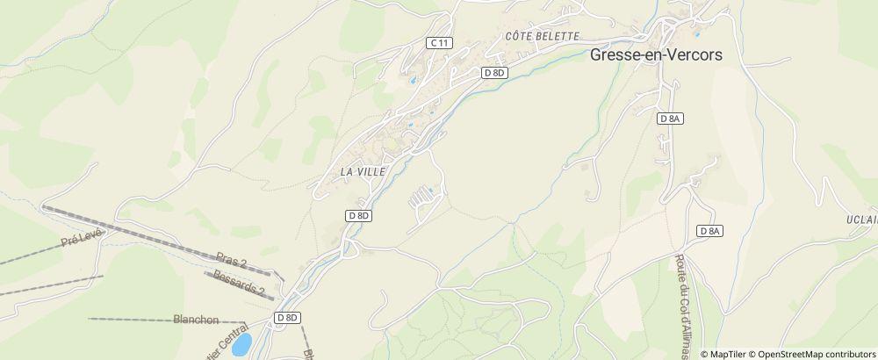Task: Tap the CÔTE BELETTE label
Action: (x=543, y=36)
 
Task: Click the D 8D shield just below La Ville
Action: (x=359, y=215)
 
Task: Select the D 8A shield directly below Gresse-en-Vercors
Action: (x=670, y=118)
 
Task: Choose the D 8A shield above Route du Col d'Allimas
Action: (x=709, y=230)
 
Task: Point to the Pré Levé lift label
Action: (x=83, y=240)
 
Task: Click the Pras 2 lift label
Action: (x=232, y=260)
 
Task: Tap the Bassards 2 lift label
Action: (x=238, y=285)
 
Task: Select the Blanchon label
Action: (x=196, y=320)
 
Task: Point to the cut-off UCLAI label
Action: (x=862, y=220)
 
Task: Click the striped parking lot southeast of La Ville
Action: (x=423, y=197)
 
